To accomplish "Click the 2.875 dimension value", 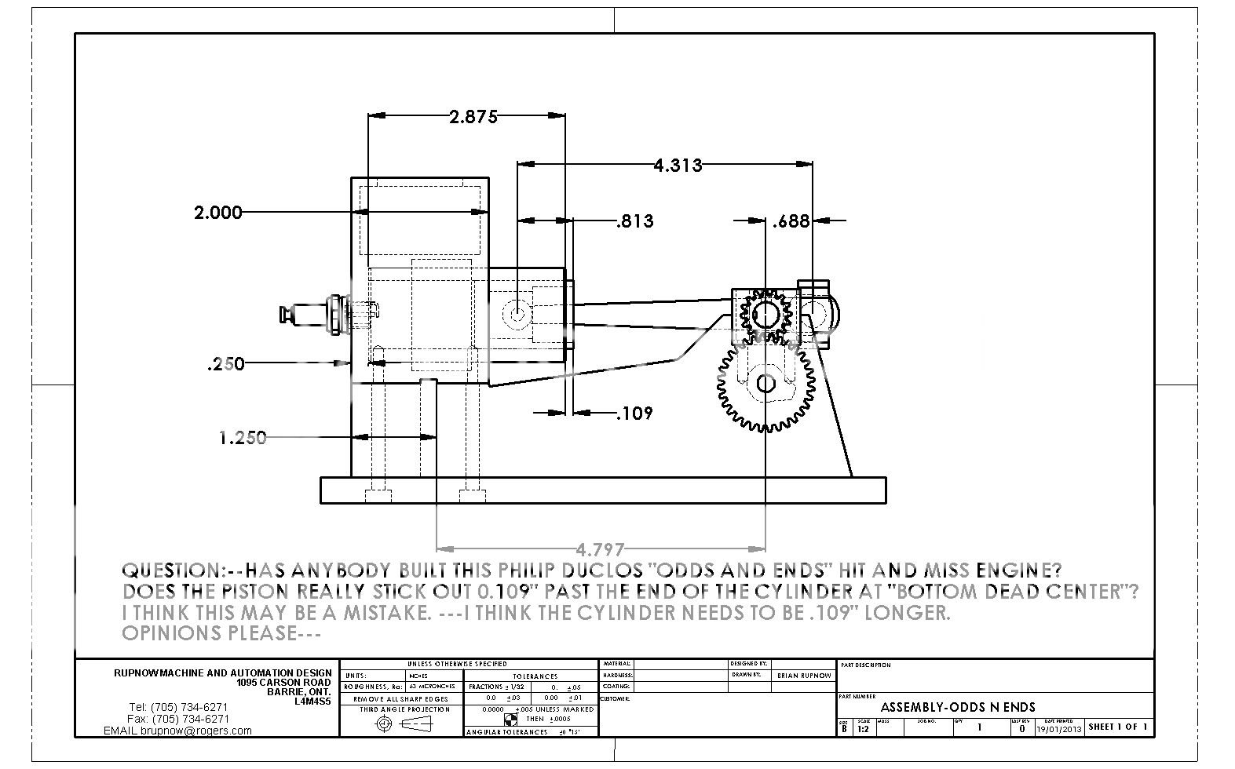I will click(473, 117).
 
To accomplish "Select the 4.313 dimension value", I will click(678, 166).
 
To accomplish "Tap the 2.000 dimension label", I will click(217, 212).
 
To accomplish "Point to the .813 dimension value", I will click(634, 221).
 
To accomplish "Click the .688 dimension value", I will click(791, 221).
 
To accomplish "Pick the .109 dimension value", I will click(634, 413).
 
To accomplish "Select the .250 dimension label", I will click(226, 363).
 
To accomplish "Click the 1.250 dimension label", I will click(242, 438).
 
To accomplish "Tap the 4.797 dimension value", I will click(600, 548).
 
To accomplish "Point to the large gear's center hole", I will click(765, 384).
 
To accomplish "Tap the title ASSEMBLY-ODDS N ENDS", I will click(957, 707).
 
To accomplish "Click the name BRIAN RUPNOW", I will click(803, 676).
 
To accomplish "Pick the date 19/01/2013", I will click(1060, 729).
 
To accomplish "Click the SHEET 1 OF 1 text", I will click(1118, 727).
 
